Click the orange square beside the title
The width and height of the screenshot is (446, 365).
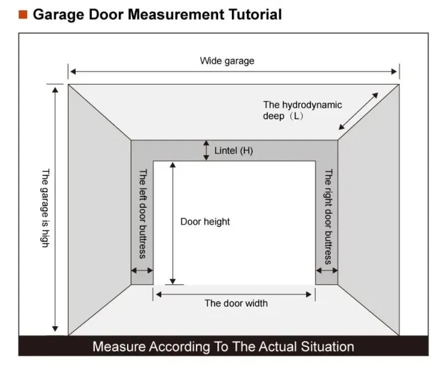pyautogui.click(x=23, y=14)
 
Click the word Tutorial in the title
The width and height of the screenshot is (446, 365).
pyautogui.click(x=255, y=14)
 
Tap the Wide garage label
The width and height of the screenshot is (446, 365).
pyautogui.click(x=227, y=61)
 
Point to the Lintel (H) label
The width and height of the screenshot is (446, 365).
pyautogui.click(x=233, y=151)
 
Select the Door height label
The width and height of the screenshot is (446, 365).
pyautogui.click(x=205, y=221)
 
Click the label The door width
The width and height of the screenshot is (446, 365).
pyautogui.click(x=236, y=303)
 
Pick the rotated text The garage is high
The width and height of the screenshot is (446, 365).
pyautogui.click(x=45, y=208)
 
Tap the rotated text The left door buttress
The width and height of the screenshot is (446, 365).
pyautogui.click(x=143, y=214)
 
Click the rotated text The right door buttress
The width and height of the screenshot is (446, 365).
pyautogui.click(x=328, y=216)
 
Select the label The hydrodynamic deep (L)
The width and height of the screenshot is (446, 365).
pyautogui.click(x=302, y=110)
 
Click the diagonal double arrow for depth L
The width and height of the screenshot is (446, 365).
pyautogui.click(x=358, y=111)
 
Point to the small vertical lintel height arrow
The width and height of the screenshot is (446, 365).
pyautogui.click(x=207, y=150)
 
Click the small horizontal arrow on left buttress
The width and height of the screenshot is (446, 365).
pyautogui.click(x=142, y=270)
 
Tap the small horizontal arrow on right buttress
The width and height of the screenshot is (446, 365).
pyautogui.click(x=327, y=270)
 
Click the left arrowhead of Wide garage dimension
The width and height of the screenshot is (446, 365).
pyautogui.click(x=73, y=72)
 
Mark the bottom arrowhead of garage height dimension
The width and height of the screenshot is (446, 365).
pyautogui.click(x=55, y=329)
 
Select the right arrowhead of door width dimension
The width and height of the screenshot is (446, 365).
pyautogui.click(x=309, y=295)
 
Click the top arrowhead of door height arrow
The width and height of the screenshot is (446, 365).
pyautogui.click(x=173, y=165)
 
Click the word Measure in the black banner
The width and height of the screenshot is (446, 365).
pyautogui.click(x=119, y=347)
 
